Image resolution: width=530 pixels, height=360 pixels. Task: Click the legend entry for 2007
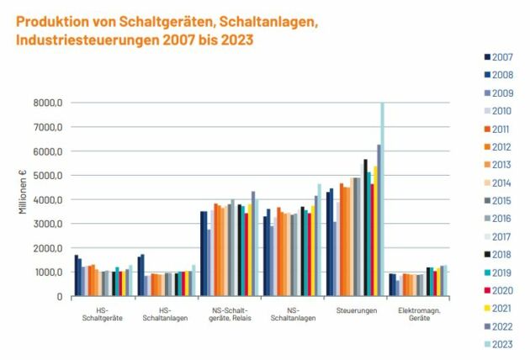[502, 56]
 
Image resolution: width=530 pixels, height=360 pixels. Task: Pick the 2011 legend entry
[502, 128]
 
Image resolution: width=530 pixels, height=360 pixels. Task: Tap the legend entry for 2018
[502, 253]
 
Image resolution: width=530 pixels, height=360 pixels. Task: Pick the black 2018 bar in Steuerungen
[365, 227]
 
